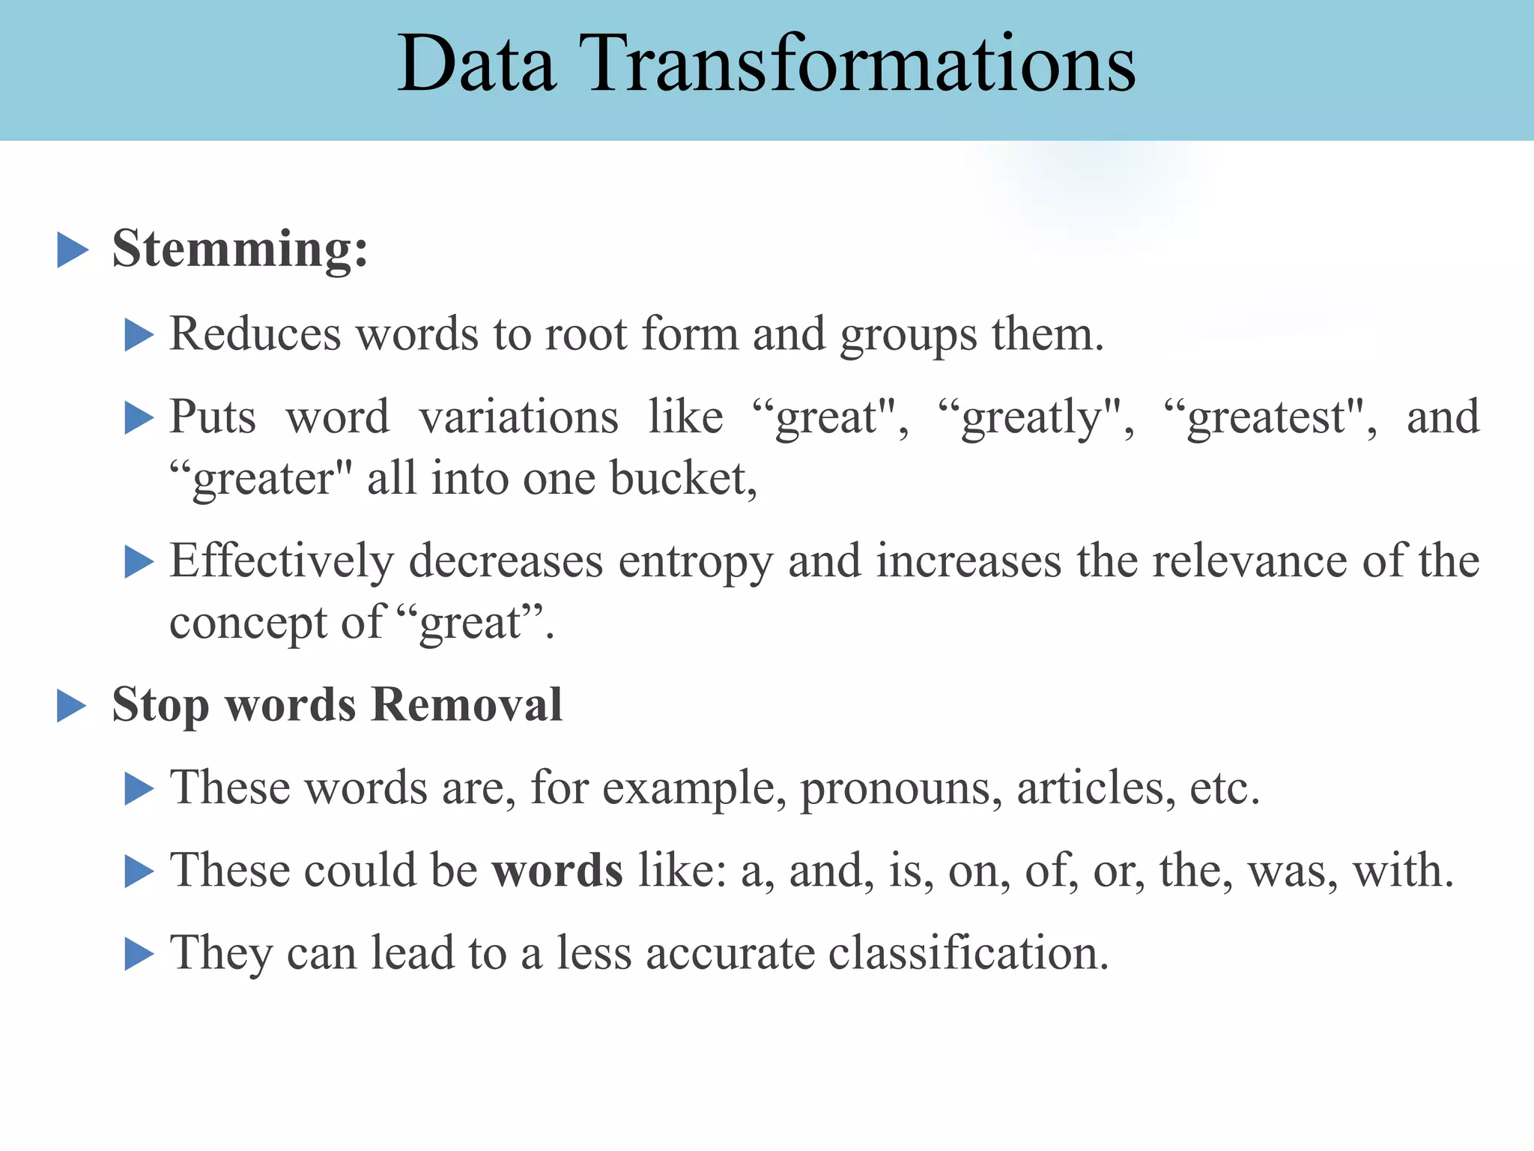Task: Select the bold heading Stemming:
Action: point(240,249)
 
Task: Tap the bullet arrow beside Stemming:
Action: point(73,250)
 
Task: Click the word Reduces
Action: point(255,333)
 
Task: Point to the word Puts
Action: point(213,417)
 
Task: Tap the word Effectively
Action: point(282,561)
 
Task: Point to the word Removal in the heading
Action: point(467,705)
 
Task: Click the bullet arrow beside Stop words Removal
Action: point(72,706)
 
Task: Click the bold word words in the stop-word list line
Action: point(557,871)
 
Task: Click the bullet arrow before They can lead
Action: point(139,954)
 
